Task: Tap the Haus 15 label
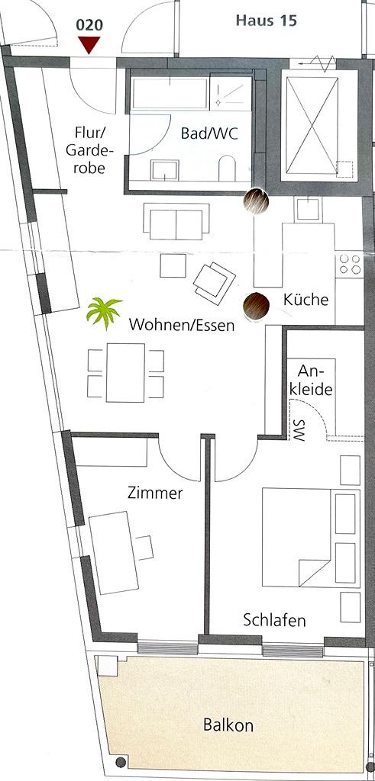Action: (267, 21)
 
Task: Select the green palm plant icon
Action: (104, 312)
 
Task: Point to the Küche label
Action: (305, 300)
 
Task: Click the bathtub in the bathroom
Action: (170, 92)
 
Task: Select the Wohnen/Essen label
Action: (182, 325)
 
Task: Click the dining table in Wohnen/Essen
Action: (126, 372)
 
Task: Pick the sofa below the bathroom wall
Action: (176, 220)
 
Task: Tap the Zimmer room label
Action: (155, 493)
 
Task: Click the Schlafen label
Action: (274, 621)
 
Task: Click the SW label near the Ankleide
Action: (298, 429)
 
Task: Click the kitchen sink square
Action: (307, 209)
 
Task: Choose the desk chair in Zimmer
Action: (144, 548)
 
